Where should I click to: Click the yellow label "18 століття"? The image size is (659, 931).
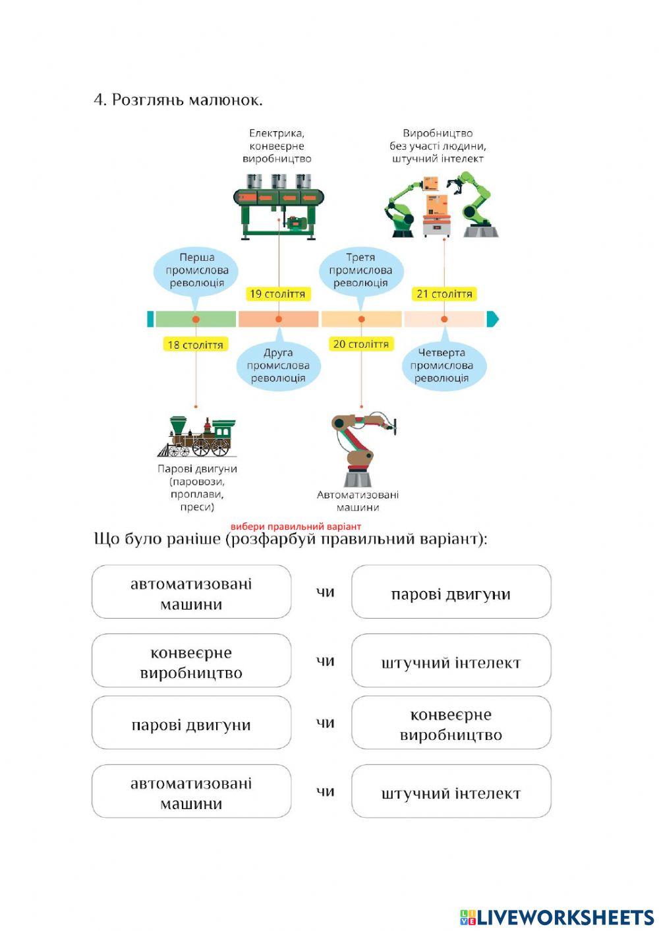point(195,344)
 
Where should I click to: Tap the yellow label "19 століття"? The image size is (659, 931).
point(278,294)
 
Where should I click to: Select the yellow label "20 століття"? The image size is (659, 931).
point(360,344)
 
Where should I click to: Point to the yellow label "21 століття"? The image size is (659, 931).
point(444,294)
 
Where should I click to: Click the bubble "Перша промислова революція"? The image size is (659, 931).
point(196,270)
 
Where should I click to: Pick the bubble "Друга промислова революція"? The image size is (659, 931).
point(278,366)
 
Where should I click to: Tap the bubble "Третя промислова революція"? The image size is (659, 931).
point(360,270)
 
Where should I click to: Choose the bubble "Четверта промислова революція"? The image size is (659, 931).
point(444,366)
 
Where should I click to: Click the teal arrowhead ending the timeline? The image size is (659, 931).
point(492,320)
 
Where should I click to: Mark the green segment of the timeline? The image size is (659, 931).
point(195,320)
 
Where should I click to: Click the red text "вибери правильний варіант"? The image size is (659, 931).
point(296,526)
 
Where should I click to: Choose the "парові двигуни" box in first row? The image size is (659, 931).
point(451,592)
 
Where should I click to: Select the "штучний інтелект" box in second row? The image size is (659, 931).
point(451,661)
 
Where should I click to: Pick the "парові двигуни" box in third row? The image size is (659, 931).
point(191,723)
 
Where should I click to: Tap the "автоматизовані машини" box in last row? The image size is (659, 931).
point(191,791)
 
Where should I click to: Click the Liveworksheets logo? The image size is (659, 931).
point(557,917)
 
